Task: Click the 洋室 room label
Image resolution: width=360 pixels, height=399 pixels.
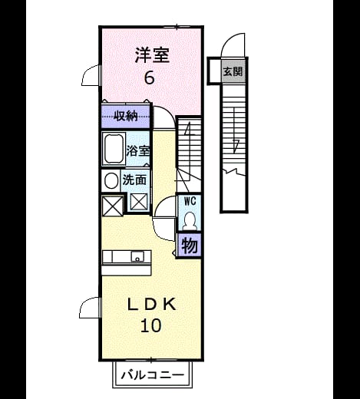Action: (x=152, y=55)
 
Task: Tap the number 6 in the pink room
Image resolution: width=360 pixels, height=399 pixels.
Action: (x=150, y=77)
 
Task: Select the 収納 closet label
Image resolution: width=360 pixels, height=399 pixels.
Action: (x=125, y=117)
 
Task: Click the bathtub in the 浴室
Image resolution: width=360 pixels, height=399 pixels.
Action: (x=114, y=149)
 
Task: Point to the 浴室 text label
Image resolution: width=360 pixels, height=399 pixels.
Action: (x=137, y=151)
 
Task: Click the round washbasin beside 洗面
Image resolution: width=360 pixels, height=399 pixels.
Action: (x=111, y=180)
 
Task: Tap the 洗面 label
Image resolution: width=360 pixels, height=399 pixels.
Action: (x=134, y=180)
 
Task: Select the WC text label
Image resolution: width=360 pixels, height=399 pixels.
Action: (x=190, y=201)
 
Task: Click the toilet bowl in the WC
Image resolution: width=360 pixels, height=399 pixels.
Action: (x=190, y=221)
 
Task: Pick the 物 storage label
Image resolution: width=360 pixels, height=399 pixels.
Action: (x=190, y=246)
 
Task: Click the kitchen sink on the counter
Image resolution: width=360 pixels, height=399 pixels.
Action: (x=137, y=256)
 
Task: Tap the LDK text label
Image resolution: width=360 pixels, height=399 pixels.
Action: (x=152, y=305)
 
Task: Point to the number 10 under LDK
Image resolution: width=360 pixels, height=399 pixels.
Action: (x=151, y=325)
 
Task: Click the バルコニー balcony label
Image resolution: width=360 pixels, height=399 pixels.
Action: (x=153, y=375)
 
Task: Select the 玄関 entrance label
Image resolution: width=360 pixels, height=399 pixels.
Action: (x=233, y=71)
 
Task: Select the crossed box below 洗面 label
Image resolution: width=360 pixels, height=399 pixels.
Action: (x=139, y=202)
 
